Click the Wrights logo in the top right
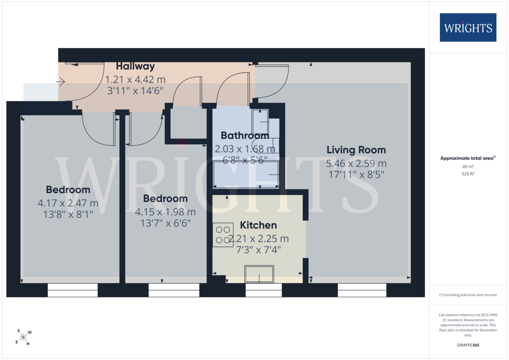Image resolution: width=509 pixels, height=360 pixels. [468, 28]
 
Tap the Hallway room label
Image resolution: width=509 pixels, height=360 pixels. [135, 66]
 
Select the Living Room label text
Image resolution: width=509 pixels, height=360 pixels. [356, 150]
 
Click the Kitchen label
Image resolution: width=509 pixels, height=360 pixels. [258, 225]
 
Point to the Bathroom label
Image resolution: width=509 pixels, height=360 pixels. [245, 135]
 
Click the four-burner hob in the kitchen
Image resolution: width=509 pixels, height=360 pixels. [223, 235]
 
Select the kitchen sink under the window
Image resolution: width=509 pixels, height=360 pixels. [259, 274]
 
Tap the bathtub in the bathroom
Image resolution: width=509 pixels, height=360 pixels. [246, 174]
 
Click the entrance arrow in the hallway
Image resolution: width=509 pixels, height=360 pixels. [60, 82]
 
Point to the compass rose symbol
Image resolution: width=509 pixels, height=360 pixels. [23, 337]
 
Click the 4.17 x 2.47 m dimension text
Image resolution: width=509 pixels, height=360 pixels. [68, 203]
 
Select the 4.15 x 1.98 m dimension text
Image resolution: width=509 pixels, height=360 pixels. [165, 212]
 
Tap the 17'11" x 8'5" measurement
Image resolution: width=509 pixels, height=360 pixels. [356, 175]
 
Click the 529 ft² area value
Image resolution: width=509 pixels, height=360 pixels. [468, 174]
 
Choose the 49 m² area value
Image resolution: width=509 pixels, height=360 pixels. [468, 167]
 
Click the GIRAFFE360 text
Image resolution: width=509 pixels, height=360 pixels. [468, 345]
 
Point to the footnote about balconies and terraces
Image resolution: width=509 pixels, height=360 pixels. [468, 295]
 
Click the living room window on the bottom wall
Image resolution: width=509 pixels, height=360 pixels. [362, 290]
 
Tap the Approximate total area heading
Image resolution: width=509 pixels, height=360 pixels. [468, 158]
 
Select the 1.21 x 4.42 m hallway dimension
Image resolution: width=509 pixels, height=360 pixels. [135, 80]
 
